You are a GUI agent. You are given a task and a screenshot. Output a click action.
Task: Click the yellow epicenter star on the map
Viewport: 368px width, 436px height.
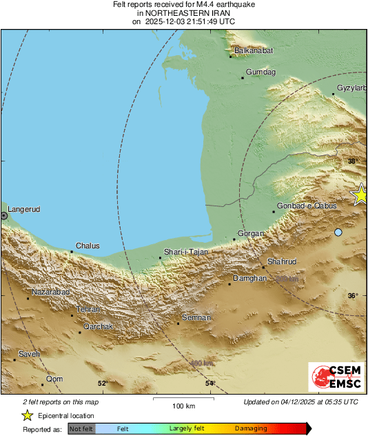click(x=360, y=195)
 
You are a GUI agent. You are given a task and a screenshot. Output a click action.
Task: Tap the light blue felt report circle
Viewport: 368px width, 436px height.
click(x=338, y=232)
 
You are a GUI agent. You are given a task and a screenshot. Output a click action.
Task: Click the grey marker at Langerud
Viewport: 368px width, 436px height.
click(x=4, y=216)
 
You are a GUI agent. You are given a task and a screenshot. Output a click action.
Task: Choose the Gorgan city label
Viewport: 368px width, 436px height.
click(x=251, y=234)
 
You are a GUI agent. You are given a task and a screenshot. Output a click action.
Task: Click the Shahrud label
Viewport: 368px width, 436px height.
click(x=281, y=262)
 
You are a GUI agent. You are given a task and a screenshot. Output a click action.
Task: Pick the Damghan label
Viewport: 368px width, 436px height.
click(x=250, y=278)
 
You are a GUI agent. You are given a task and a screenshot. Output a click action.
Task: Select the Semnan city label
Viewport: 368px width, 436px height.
click(x=196, y=318)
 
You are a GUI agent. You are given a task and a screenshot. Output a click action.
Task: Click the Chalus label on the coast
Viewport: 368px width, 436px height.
click(x=88, y=246)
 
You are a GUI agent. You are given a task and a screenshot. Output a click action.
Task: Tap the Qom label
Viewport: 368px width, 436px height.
click(x=54, y=379)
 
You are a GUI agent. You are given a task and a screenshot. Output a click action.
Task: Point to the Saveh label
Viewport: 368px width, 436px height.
click(x=29, y=354)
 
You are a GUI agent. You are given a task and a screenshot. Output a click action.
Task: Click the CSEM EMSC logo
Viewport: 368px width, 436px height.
click(x=336, y=377)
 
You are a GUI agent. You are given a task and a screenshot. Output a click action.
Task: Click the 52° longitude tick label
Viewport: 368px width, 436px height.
click(x=103, y=384)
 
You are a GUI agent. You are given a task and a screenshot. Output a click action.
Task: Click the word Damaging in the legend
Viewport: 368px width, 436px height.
click(x=251, y=428)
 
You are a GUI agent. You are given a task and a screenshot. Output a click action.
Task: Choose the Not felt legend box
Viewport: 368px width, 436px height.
click(x=81, y=428)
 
